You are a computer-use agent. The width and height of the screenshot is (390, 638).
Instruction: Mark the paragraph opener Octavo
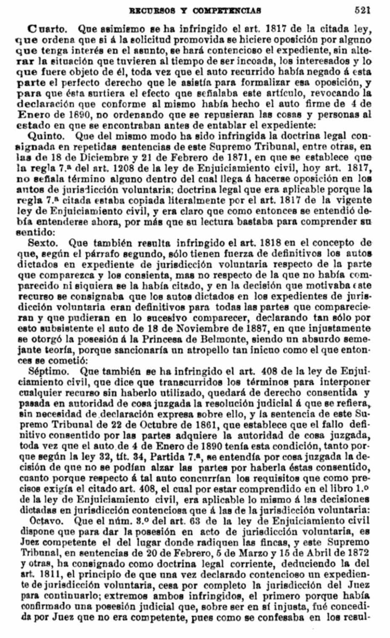click(45, 520)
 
